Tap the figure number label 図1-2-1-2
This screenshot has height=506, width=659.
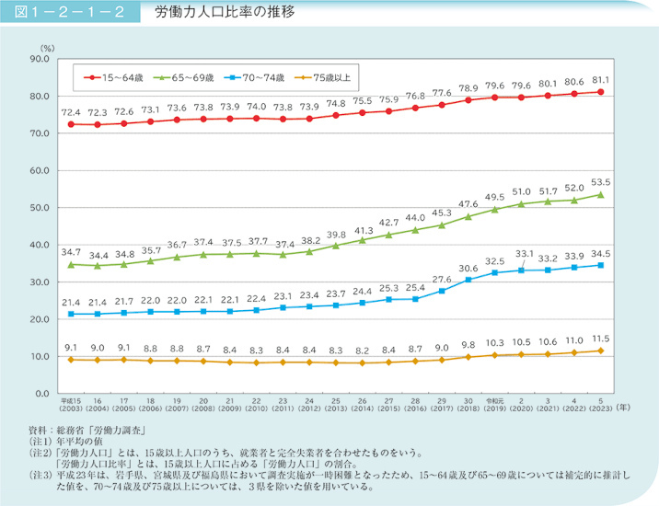(x=70, y=15)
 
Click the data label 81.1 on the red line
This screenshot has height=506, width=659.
(x=601, y=79)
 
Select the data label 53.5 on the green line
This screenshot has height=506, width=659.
(x=601, y=181)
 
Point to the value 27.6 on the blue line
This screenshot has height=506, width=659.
(x=442, y=278)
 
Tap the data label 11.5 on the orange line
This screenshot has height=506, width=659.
(x=601, y=338)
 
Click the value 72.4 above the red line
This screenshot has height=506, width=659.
(x=70, y=111)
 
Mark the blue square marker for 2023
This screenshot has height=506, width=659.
(x=601, y=265)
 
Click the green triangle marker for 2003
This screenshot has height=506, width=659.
(x=70, y=264)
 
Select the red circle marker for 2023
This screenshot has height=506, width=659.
(x=601, y=92)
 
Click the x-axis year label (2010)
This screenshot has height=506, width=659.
(x=256, y=410)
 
